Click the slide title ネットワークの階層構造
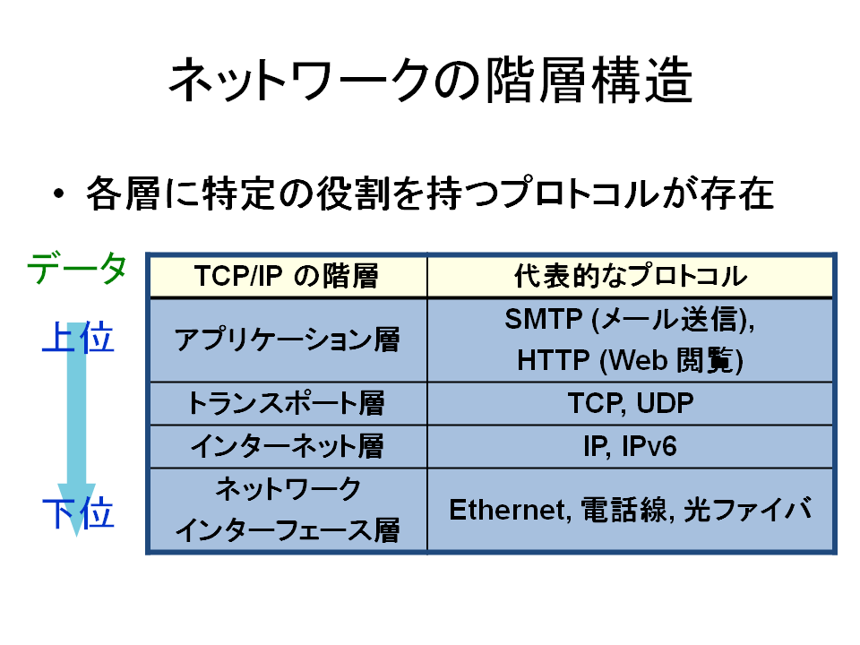click(431, 81)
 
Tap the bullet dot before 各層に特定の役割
click(59, 193)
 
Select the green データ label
click(77, 268)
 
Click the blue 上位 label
click(79, 338)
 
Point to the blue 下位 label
click(79, 512)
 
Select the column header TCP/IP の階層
click(287, 276)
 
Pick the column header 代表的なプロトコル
click(631, 276)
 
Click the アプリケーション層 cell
click(287, 340)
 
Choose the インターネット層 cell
click(287, 446)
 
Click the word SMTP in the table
click(543, 319)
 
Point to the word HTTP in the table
click(553, 361)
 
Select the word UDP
click(666, 403)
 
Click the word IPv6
click(649, 446)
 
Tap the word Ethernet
click(507, 510)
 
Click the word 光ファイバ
click(747, 510)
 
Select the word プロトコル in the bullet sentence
click(580, 193)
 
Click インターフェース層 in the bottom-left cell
click(287, 530)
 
